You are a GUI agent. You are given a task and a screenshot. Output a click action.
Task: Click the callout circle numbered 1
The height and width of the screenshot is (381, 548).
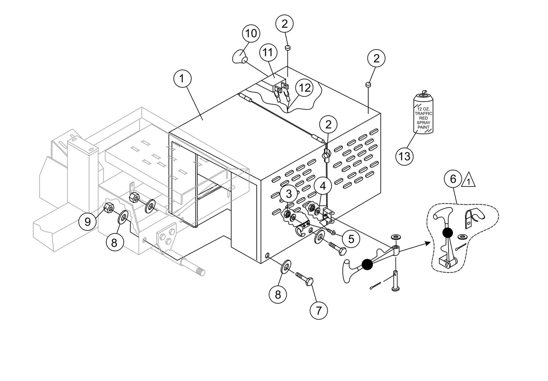point(182,79)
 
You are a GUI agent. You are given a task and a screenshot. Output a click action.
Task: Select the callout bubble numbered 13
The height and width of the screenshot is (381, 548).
point(405,156)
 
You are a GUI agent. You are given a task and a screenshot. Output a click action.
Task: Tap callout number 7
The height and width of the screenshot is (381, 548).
point(319,310)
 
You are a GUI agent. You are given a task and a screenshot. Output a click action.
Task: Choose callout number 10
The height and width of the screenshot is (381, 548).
point(251,33)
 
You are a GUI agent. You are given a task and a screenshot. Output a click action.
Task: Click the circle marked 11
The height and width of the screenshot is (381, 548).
point(268,52)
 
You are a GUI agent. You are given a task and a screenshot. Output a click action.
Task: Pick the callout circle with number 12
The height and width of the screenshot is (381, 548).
point(304,88)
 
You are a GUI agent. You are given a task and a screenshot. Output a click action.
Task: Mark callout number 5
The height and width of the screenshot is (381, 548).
point(351,238)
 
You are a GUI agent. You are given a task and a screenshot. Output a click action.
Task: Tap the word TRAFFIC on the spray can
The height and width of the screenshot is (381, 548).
point(423,113)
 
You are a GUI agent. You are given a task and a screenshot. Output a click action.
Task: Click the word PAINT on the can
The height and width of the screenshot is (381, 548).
point(423,127)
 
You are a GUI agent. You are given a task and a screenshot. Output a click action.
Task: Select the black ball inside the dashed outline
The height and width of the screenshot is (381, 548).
point(448,232)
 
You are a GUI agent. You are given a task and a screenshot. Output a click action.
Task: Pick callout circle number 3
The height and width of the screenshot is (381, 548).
point(289,194)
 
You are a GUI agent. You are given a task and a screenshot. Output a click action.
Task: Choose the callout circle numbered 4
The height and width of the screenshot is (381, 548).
point(323,186)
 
